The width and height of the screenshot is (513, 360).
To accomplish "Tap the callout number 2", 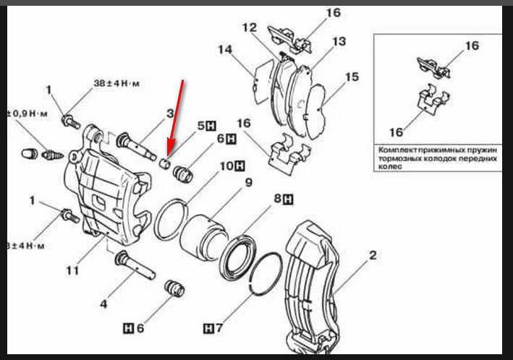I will tap(373, 254).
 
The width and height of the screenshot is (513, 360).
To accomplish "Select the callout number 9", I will tap(247, 182).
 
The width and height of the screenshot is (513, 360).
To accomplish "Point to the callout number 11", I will tap(72, 271).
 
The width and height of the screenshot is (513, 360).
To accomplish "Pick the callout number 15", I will tap(352, 77).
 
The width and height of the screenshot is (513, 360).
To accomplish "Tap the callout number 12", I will tap(250, 28).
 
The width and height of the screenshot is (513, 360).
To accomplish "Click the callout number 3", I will tap(170, 113).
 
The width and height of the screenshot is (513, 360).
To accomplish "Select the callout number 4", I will tap(103, 304).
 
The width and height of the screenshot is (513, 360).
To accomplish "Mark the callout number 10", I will tap(226, 166).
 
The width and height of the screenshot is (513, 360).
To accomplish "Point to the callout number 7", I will tap(210, 329).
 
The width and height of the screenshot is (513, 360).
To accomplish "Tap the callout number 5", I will tap(202, 124).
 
